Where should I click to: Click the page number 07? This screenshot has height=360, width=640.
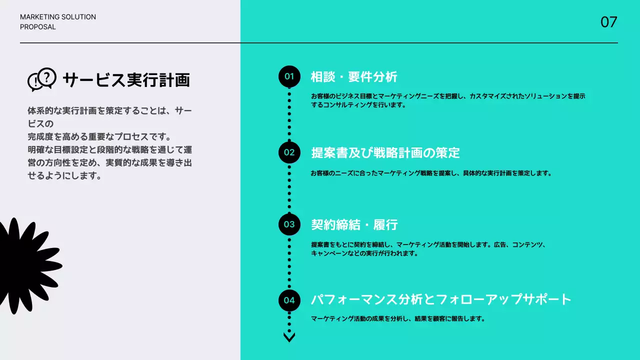[608, 22]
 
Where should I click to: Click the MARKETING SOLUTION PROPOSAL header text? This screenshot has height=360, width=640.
[57, 22]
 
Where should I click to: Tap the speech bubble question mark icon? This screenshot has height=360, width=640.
[41, 79]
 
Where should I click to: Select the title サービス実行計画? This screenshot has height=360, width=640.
[126, 80]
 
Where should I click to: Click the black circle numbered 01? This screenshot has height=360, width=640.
[289, 76]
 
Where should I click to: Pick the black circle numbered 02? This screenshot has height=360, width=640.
[289, 152]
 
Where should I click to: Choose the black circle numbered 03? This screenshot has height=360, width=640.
[289, 224]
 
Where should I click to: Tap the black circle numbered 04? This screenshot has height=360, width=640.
[289, 300]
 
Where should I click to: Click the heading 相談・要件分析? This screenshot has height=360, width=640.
[354, 77]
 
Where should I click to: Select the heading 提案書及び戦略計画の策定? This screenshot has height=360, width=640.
[385, 153]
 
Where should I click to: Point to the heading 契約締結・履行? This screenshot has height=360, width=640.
[354, 225]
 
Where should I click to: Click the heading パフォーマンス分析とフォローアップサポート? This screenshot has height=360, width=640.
[440, 300]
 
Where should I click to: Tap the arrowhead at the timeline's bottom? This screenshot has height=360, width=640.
[289, 337]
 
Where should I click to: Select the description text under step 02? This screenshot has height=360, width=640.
[430, 173]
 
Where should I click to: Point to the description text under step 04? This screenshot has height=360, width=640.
[397, 318]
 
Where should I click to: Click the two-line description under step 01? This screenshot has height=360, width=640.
[447, 100]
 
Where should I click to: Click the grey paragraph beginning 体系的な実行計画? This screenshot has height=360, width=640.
[109, 143]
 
